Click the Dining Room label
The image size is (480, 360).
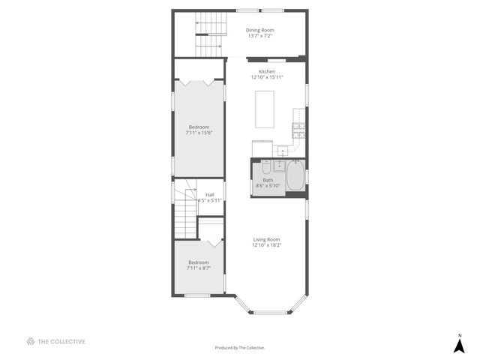tap(259, 30)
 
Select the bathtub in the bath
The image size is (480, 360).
tap(295, 178)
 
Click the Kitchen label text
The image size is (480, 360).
tap(266, 71)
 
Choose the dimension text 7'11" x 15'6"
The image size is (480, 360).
tap(199, 133)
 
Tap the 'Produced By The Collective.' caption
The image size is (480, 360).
tap(240, 347)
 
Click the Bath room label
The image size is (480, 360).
tap(268, 180)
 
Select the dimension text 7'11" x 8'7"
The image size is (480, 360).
tap(199, 268)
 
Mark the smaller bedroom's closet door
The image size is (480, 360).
tap(213, 241)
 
